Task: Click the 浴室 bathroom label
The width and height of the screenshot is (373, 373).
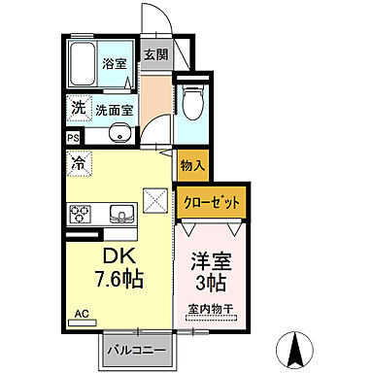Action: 114,63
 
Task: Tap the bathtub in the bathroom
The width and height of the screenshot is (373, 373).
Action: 83,63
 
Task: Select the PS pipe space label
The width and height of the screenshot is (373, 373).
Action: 73,138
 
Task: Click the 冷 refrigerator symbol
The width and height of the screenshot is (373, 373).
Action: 76,164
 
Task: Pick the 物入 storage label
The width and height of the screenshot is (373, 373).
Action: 191,166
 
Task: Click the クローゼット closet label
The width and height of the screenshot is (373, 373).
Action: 210,203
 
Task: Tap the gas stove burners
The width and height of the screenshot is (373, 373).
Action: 80,212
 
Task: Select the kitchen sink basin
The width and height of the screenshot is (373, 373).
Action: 119,213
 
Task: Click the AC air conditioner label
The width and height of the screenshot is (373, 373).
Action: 81,314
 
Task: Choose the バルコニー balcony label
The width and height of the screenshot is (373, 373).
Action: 135,348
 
